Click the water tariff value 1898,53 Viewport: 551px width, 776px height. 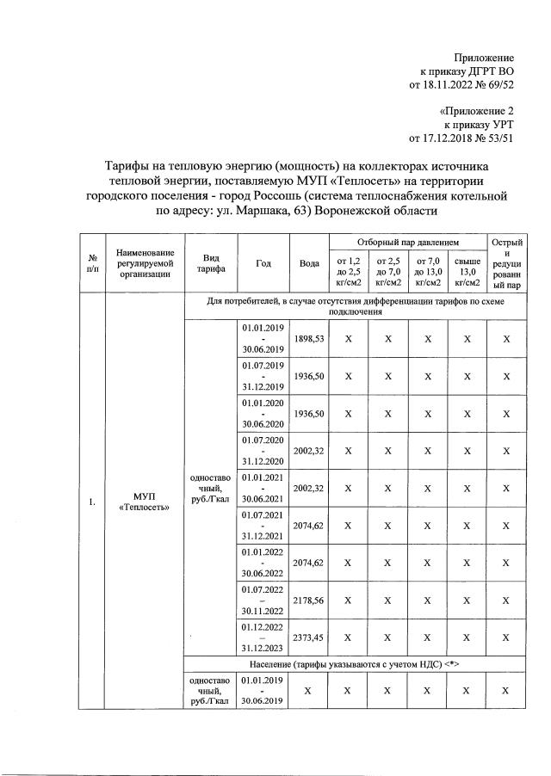(x=307, y=340)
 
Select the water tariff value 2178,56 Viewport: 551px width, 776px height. (x=307, y=600)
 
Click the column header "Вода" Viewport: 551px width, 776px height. (x=309, y=263)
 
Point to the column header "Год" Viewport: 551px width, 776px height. (x=263, y=263)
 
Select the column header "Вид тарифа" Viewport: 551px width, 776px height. (x=211, y=263)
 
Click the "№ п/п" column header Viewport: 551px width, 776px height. (x=91, y=263)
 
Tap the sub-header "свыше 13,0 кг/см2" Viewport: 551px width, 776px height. (x=467, y=271)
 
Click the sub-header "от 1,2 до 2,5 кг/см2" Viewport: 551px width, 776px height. (x=348, y=271)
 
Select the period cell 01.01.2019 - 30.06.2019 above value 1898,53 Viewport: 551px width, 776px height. (x=263, y=340)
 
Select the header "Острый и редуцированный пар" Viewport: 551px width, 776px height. (x=506, y=263)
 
